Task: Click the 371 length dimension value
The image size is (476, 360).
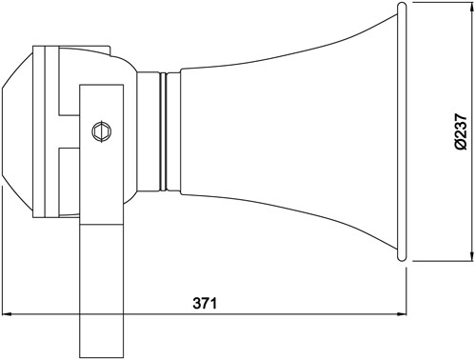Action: click(x=205, y=303)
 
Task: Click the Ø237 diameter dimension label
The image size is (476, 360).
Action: click(x=461, y=131)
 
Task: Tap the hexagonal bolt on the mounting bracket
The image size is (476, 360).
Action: click(x=102, y=131)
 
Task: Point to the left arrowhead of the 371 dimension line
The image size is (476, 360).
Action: click(x=7, y=314)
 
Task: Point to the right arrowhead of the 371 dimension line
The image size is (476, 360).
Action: click(x=402, y=314)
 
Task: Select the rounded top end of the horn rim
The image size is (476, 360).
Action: click(x=402, y=7)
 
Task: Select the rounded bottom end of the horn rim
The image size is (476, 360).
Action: click(x=402, y=257)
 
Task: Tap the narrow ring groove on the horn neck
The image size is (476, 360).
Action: click(x=163, y=131)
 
